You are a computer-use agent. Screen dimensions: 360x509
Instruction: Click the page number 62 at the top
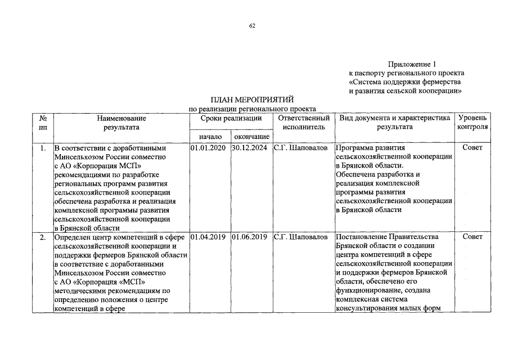(252, 25)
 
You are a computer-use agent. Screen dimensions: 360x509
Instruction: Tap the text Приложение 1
(412, 64)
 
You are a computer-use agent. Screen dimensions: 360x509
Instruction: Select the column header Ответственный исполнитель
(304, 123)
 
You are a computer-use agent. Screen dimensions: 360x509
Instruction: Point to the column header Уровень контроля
(472, 123)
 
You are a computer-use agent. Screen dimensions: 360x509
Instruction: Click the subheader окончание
(251, 137)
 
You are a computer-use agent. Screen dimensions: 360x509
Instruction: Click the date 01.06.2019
(251, 237)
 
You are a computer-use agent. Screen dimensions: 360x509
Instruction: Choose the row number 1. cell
(43, 148)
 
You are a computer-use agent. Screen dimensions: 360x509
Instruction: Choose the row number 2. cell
(43, 237)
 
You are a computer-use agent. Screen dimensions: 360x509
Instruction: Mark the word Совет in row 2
(472, 237)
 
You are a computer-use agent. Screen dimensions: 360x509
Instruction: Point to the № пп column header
(43, 123)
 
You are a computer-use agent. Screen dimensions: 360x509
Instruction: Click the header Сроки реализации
(231, 119)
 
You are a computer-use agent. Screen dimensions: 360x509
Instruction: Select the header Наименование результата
(121, 123)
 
